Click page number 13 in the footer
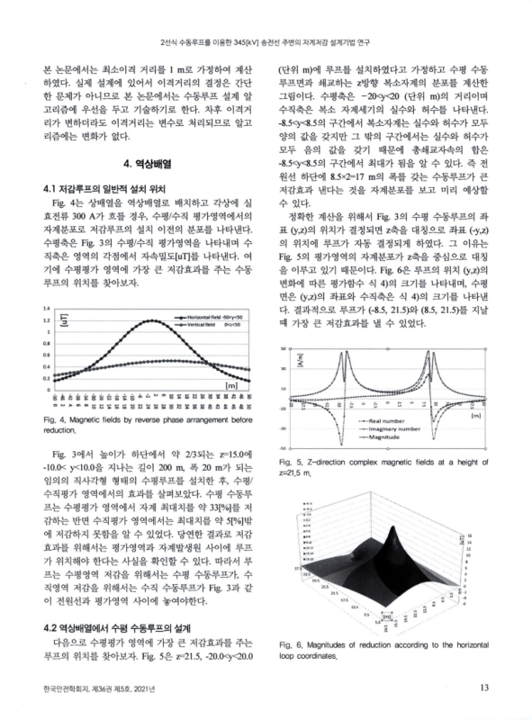tap(483, 689)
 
